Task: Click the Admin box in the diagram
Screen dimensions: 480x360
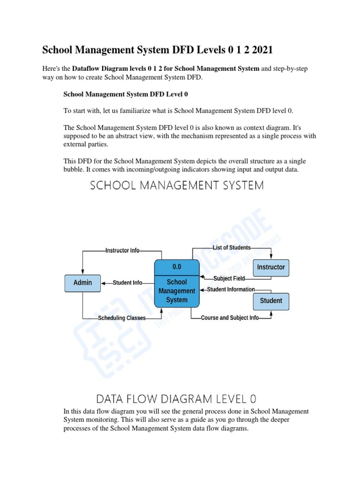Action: click(x=82, y=283)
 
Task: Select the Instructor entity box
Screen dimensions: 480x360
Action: click(x=271, y=267)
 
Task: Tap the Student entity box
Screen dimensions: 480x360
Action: click(x=271, y=300)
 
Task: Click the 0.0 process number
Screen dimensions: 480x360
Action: click(x=177, y=267)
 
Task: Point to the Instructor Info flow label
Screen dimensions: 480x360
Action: click(x=122, y=251)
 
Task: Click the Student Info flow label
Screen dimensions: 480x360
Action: click(x=127, y=283)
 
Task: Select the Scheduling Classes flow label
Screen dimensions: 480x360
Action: click(x=122, y=318)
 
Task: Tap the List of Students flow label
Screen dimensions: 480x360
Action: click(x=232, y=247)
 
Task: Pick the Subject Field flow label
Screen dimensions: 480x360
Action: click(x=229, y=278)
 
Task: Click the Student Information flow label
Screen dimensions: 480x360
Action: click(x=231, y=290)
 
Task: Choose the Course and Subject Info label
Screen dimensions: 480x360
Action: click(x=230, y=318)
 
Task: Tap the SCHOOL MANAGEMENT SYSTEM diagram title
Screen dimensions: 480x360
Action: click(x=177, y=186)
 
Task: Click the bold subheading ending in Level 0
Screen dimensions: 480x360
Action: click(x=126, y=94)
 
